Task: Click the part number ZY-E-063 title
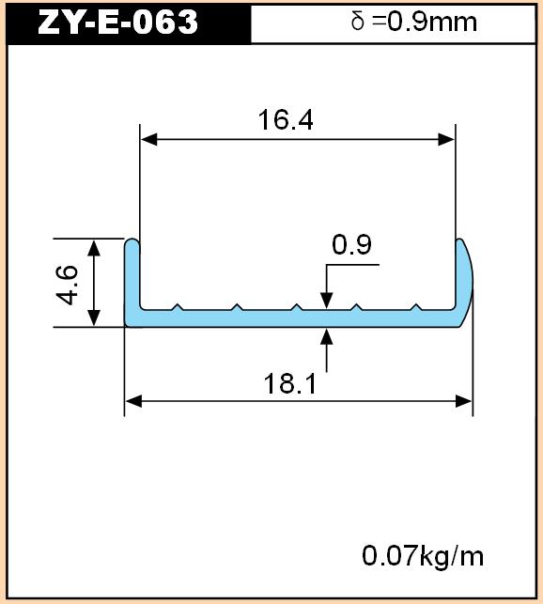pos(118,22)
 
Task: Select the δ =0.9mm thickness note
pos(414,22)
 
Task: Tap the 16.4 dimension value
pos(286,120)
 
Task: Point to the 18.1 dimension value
pos(289,383)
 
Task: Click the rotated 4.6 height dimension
pos(68,285)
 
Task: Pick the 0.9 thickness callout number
pos(351,244)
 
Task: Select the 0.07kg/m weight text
pos(423,556)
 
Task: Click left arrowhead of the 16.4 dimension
pos(148,139)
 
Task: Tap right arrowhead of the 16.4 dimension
pos(446,139)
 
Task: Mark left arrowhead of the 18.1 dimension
pos(134,401)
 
